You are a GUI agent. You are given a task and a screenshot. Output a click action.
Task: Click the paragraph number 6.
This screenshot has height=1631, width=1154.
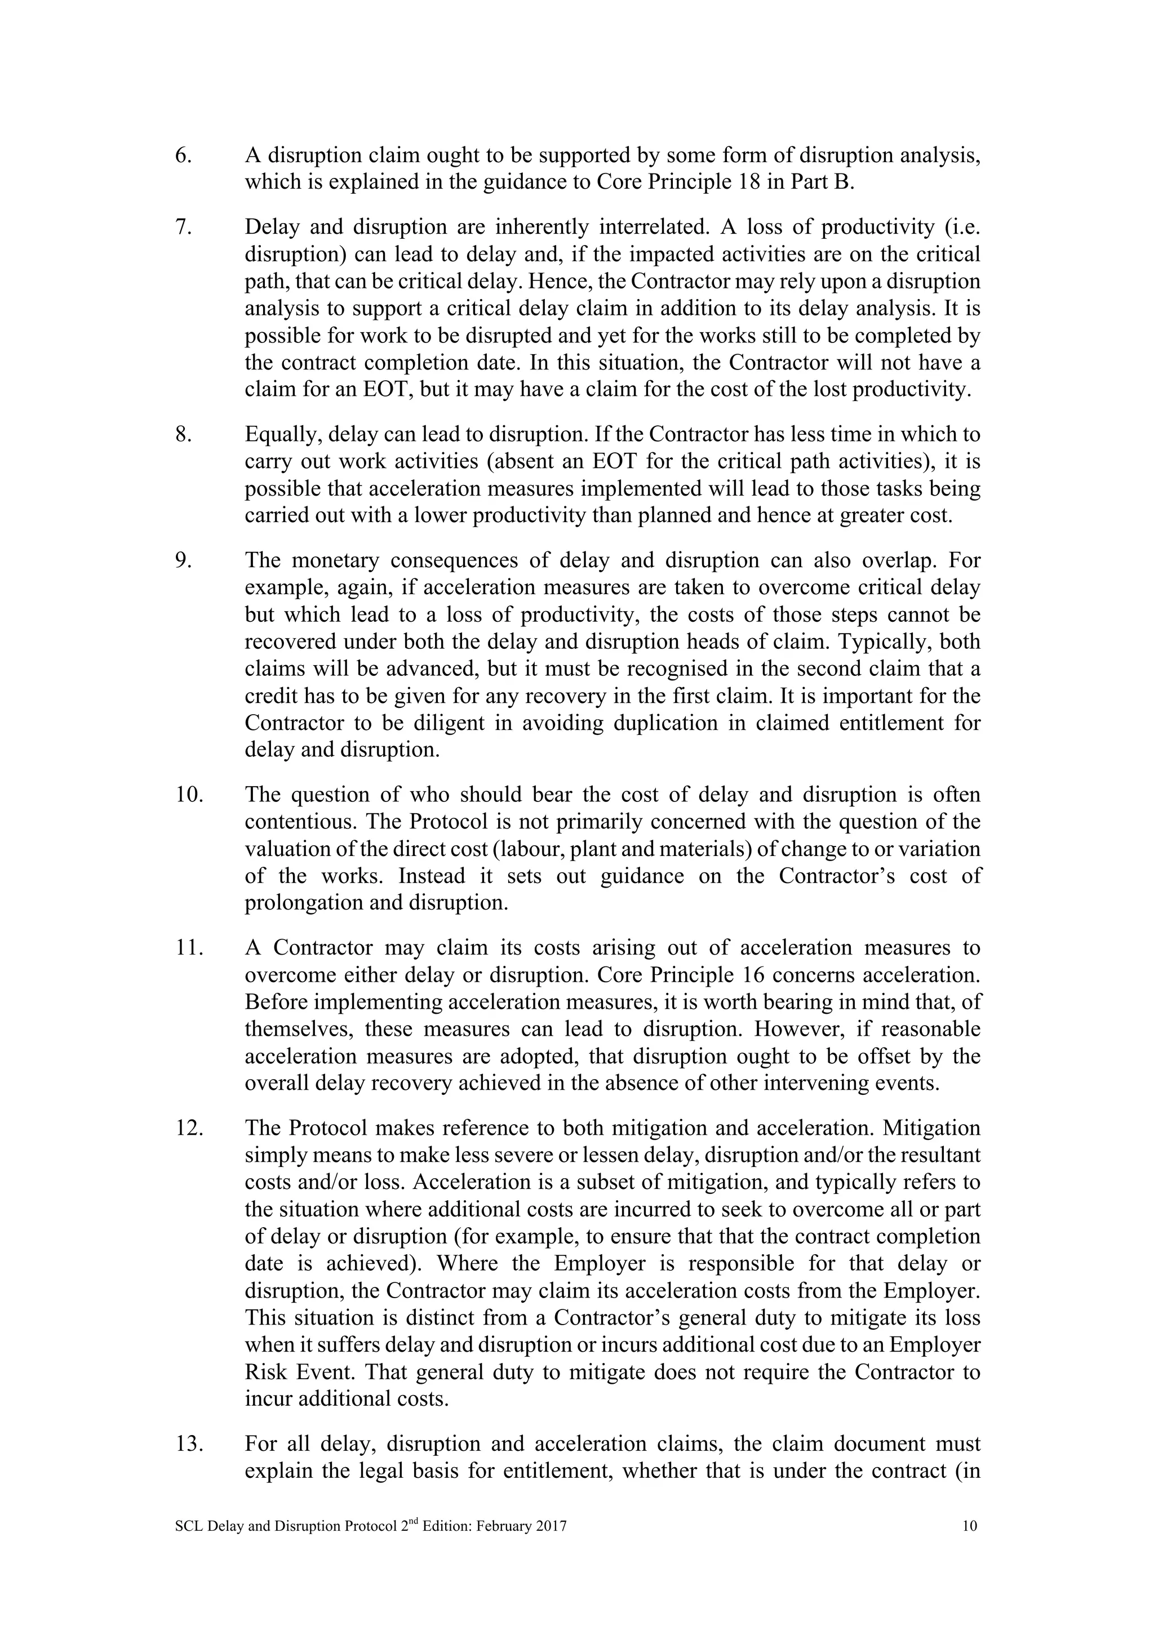tap(183, 155)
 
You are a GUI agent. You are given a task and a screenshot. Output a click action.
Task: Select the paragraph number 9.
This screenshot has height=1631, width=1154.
tap(183, 560)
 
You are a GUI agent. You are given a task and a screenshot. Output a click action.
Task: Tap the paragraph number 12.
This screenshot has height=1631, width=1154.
tap(189, 1128)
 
